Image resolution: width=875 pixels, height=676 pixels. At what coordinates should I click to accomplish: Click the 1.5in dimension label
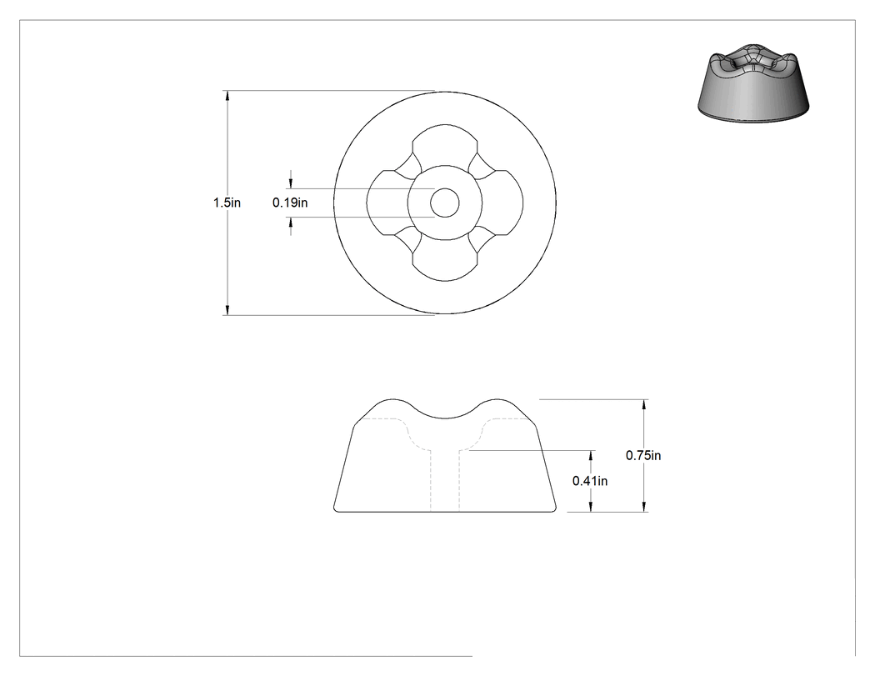(x=227, y=203)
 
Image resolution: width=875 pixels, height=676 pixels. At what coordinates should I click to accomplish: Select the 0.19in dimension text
(x=290, y=203)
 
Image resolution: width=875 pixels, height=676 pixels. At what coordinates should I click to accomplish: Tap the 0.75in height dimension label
(x=642, y=455)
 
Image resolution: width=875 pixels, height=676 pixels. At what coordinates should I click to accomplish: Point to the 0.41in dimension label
(x=590, y=481)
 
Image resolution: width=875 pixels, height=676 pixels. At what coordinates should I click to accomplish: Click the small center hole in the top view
(x=445, y=203)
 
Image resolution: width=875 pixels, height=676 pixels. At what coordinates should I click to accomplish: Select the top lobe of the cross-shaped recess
(x=445, y=143)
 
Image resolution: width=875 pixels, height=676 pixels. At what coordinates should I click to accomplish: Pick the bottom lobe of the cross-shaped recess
(x=445, y=263)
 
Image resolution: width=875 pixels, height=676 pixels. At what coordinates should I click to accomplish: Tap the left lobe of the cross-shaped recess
(x=385, y=203)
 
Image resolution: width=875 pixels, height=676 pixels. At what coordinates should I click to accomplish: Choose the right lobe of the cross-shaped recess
(x=504, y=203)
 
